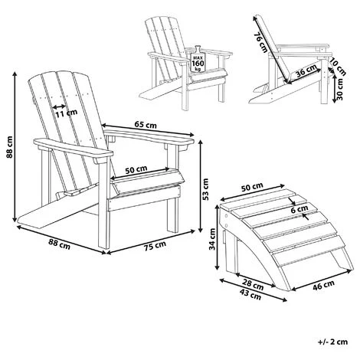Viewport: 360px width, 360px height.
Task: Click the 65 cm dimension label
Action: (146, 125)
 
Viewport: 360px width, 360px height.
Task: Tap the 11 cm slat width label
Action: (67, 113)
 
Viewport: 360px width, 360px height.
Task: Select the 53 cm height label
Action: (205, 189)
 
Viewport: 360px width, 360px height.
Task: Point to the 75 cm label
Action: (155, 246)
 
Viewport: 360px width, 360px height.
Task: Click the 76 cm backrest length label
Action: (260, 42)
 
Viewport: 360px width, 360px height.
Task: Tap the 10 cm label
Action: (338, 67)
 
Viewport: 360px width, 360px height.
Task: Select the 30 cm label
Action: (340, 89)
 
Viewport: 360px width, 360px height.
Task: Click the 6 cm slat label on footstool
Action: (299, 209)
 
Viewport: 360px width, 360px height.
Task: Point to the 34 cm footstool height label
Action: (212, 239)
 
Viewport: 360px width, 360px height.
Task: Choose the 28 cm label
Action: (252, 285)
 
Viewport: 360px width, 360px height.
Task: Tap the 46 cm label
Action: (323, 285)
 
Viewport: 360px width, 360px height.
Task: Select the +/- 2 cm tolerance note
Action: (333, 342)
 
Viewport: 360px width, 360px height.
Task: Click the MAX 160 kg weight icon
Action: (198, 59)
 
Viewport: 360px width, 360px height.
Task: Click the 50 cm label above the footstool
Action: (252, 188)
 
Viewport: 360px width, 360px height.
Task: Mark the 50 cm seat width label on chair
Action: (136, 170)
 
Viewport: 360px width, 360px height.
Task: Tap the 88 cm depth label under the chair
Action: (59, 245)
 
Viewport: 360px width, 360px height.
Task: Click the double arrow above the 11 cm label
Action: (59, 106)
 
